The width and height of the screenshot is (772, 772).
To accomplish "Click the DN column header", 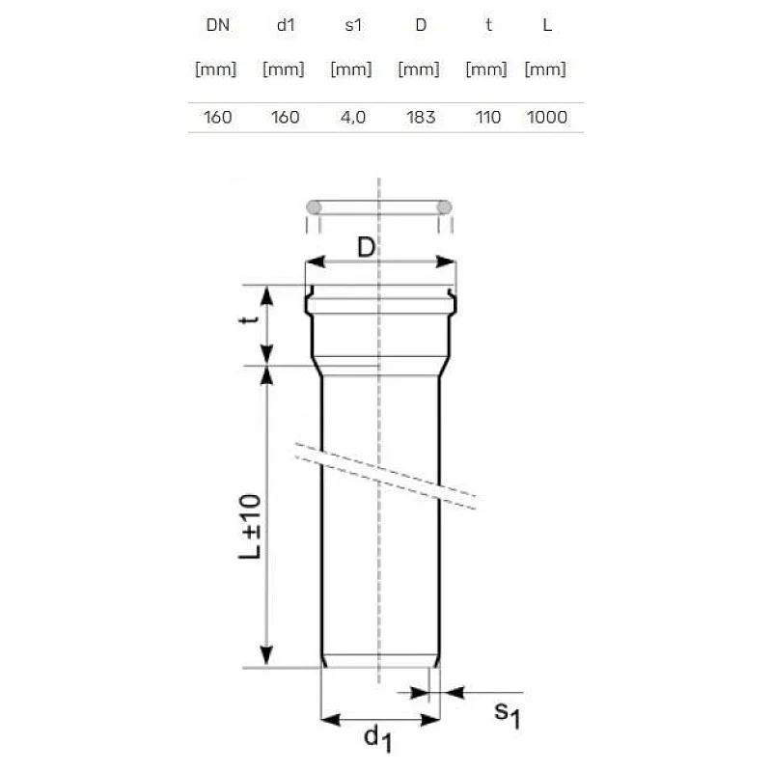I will (216, 26).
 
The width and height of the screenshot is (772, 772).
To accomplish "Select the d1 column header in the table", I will (284, 26).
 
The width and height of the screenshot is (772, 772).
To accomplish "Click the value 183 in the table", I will (421, 118).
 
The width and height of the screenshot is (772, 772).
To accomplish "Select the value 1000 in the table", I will (546, 118).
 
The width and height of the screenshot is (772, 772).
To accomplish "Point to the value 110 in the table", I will (488, 118).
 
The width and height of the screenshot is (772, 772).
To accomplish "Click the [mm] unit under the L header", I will (545, 69).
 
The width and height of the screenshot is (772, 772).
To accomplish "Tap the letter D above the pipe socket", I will (365, 248).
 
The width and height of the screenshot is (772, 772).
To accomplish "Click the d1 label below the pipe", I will (377, 740).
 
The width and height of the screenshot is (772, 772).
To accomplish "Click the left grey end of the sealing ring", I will (314, 207).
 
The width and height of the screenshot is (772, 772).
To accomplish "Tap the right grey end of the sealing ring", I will (445, 207).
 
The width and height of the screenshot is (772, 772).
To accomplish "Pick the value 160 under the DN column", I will (217, 118).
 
